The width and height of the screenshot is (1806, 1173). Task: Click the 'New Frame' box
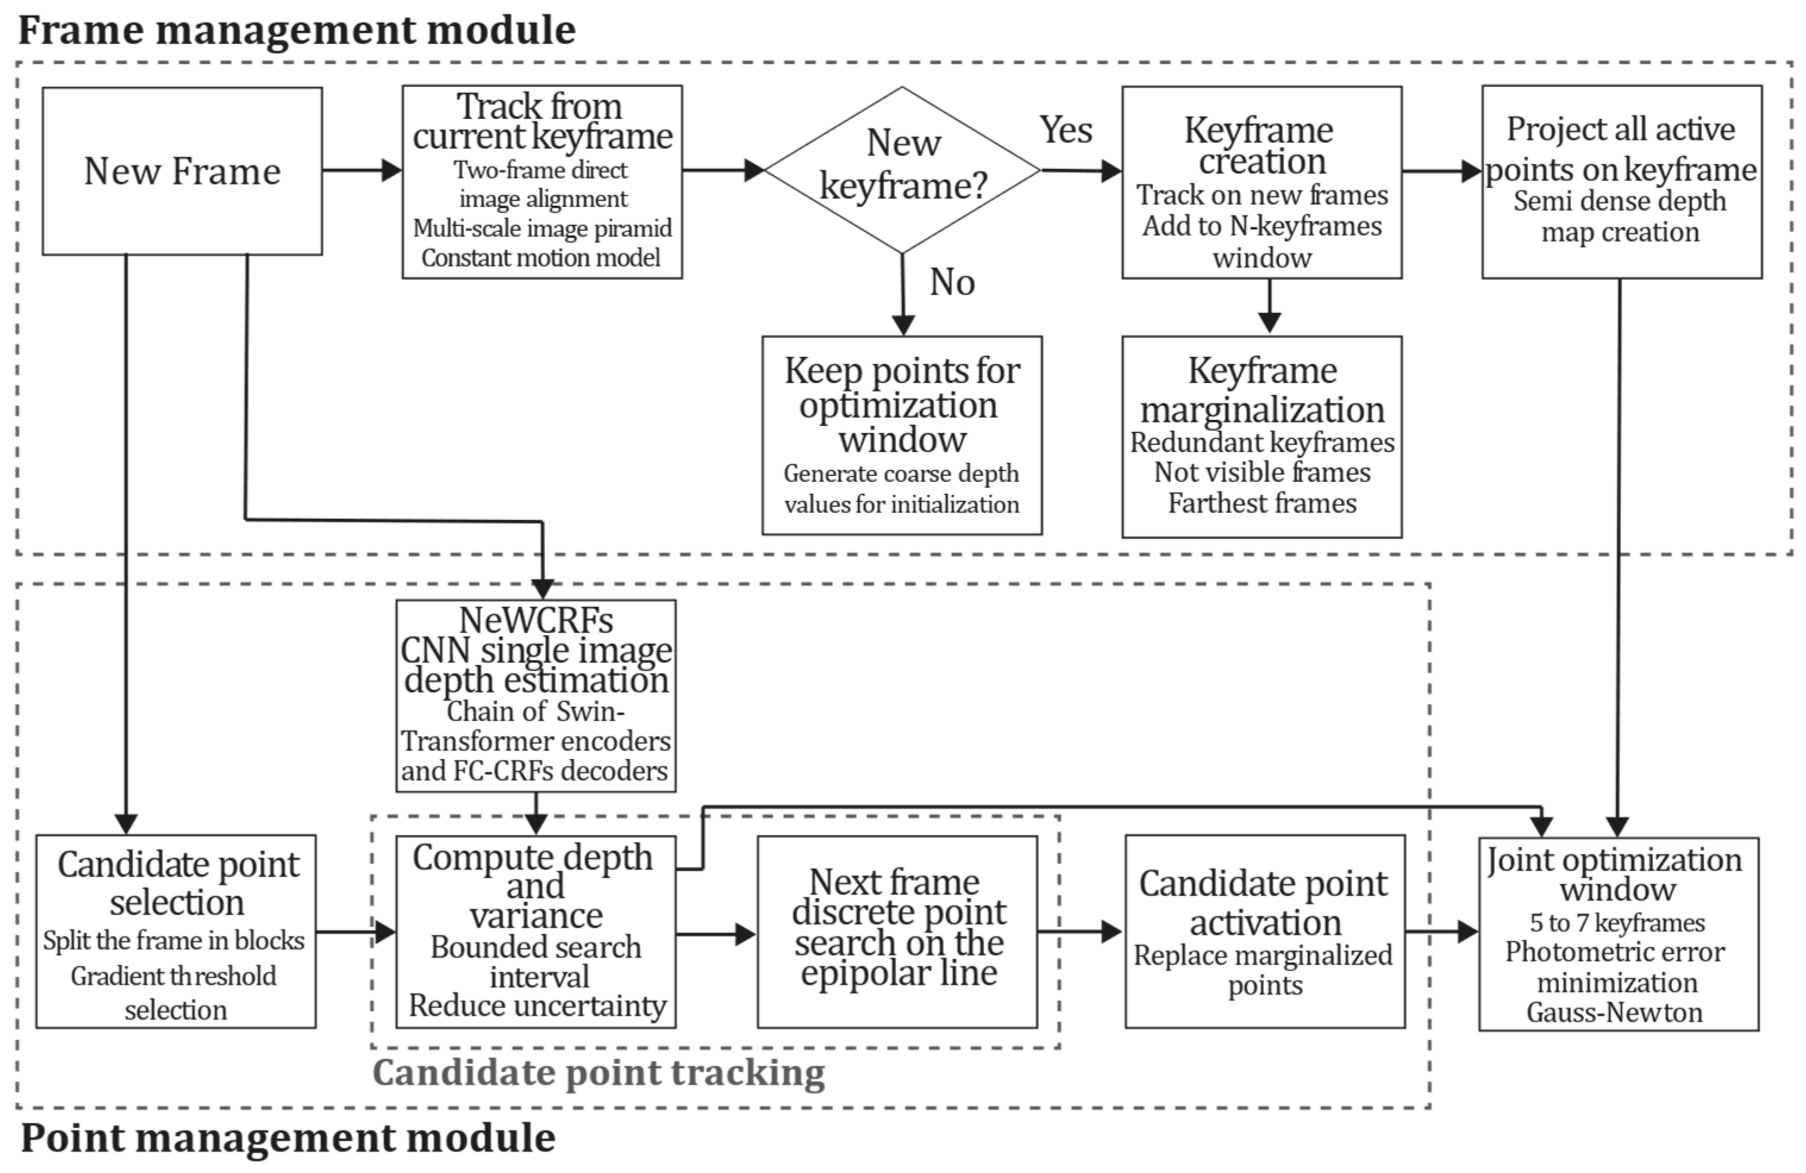(182, 171)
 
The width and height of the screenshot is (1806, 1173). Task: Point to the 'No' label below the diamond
(951, 283)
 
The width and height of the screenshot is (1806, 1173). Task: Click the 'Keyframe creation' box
(1261, 182)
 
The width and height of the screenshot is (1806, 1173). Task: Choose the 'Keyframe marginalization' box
(1261, 436)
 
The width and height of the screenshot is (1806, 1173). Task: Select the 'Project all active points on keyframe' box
(1621, 182)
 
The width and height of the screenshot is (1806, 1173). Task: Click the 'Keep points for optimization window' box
(902, 435)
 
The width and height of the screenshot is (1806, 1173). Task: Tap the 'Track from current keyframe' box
(542, 182)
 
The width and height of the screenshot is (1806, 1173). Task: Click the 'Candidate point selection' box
(176, 931)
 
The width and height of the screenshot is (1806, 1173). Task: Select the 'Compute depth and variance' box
(536, 931)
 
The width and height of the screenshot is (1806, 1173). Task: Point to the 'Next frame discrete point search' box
(897, 931)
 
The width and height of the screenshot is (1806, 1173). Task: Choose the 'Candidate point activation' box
(1264, 931)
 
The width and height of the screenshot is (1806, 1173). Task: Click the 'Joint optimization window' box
(1618, 933)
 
